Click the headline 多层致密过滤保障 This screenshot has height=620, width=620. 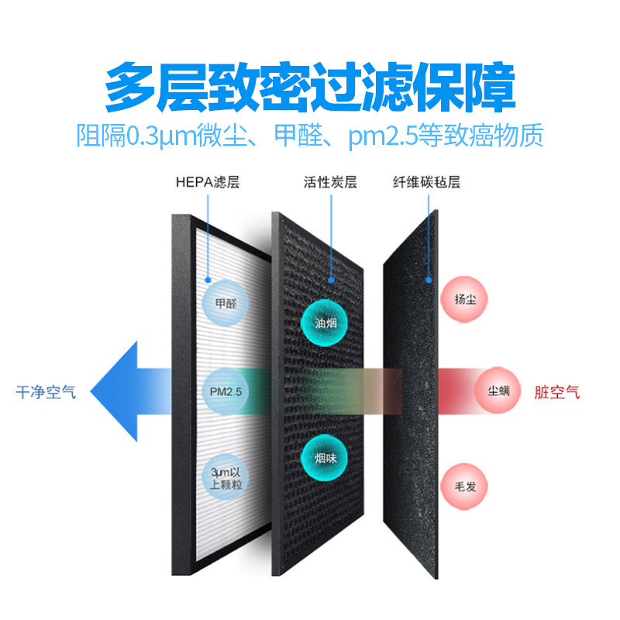tap(310, 88)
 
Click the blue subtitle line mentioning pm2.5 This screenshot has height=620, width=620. tap(310, 136)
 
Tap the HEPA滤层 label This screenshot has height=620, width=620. tap(207, 184)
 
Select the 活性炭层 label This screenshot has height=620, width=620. tap(330, 184)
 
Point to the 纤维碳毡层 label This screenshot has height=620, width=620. tap(426, 184)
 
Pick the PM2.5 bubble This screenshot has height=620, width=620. tap(226, 391)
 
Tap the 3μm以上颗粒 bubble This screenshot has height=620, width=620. tap(226, 475)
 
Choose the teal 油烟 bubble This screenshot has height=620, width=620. tap(325, 323)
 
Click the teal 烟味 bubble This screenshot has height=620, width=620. tap(325, 459)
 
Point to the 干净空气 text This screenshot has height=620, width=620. tap(46, 392)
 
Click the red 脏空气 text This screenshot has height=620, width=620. tap(556, 392)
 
